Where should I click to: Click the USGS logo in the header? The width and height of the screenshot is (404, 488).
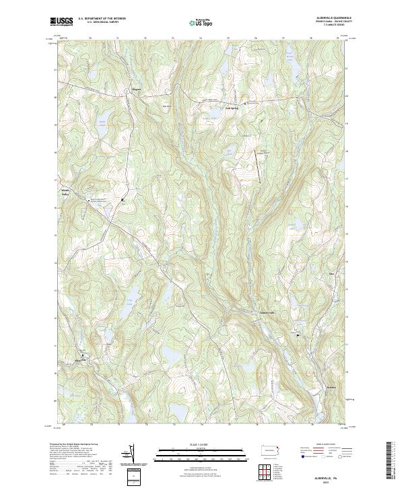61,22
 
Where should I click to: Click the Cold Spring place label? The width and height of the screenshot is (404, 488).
232,106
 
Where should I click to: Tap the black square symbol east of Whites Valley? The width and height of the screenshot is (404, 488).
122,200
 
